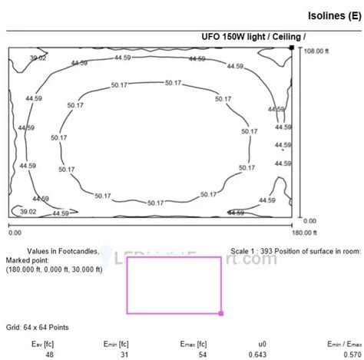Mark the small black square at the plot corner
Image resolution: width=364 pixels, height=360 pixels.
coord(291,48)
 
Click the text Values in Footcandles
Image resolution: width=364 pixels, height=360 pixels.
coord(63,251)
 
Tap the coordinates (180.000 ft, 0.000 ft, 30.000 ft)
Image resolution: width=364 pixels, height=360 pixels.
coord(56,269)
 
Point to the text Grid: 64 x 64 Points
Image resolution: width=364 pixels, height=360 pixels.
coord(37,328)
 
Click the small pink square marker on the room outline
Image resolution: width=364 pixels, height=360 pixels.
coord(221,313)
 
